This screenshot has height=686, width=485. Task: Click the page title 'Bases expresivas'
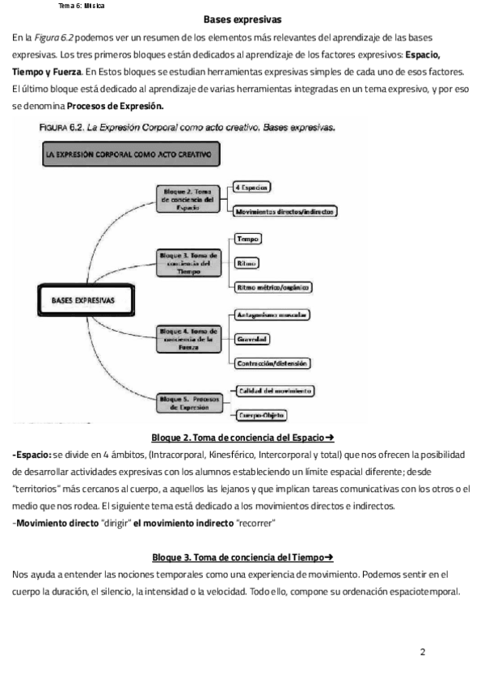[x=242, y=19]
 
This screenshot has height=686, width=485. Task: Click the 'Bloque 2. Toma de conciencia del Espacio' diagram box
[x=188, y=198]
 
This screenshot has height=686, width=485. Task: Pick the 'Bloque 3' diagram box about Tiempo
[x=188, y=264]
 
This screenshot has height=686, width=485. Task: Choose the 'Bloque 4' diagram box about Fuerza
[x=188, y=338]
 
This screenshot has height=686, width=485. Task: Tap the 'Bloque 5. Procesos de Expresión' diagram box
[x=188, y=403]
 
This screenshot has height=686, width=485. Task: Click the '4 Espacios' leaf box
[x=251, y=187]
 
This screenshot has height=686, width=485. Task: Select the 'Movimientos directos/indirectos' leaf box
[x=285, y=212]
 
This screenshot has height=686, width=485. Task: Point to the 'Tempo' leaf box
[x=247, y=239]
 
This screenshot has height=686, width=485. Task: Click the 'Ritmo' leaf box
[x=247, y=264]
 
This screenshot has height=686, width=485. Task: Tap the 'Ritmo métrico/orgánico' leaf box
[x=272, y=287]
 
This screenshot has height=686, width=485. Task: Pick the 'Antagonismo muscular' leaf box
[x=273, y=314]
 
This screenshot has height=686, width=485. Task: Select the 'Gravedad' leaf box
[x=251, y=339]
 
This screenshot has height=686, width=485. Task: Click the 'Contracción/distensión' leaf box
[x=273, y=363]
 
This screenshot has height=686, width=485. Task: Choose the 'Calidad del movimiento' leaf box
[x=274, y=391]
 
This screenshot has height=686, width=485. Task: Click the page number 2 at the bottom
[x=423, y=651]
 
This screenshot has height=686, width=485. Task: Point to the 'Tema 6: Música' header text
[x=82, y=6]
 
